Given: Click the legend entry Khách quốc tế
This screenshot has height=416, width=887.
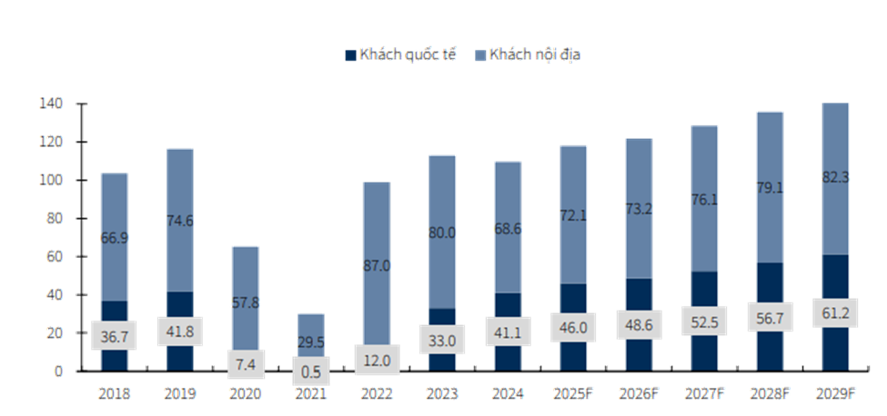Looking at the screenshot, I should point(400,54).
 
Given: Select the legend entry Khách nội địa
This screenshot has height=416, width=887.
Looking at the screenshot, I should point(532,54).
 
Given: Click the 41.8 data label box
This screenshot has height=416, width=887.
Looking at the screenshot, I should point(179,332).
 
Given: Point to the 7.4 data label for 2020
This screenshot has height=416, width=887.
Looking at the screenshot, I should point(246,364).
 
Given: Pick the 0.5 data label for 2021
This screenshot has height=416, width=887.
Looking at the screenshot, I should point(311,371).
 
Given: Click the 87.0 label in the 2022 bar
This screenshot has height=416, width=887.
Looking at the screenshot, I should point(377,266).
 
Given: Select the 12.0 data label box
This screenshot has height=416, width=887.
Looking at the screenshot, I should point(377,359).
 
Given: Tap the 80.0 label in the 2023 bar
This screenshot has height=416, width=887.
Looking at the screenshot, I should point(442,233).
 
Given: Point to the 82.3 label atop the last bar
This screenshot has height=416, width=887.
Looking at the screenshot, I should point(835,178).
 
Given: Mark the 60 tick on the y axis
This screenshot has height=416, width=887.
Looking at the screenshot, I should point(54,257).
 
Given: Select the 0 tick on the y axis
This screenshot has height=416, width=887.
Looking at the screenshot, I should point(58,371).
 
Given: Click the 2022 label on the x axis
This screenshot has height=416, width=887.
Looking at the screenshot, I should point(377,394).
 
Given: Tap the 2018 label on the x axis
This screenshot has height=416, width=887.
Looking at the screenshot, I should point(114,394).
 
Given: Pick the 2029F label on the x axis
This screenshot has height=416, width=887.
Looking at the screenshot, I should point(835,394).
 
